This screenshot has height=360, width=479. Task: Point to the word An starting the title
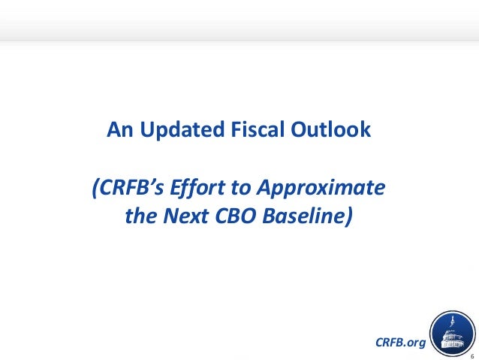point(118,130)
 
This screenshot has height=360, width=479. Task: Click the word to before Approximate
point(244,187)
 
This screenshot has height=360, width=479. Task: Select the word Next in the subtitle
point(185,216)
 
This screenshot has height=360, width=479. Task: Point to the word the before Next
point(143,216)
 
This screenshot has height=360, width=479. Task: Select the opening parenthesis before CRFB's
point(95,187)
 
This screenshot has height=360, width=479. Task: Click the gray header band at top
point(239,19)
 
